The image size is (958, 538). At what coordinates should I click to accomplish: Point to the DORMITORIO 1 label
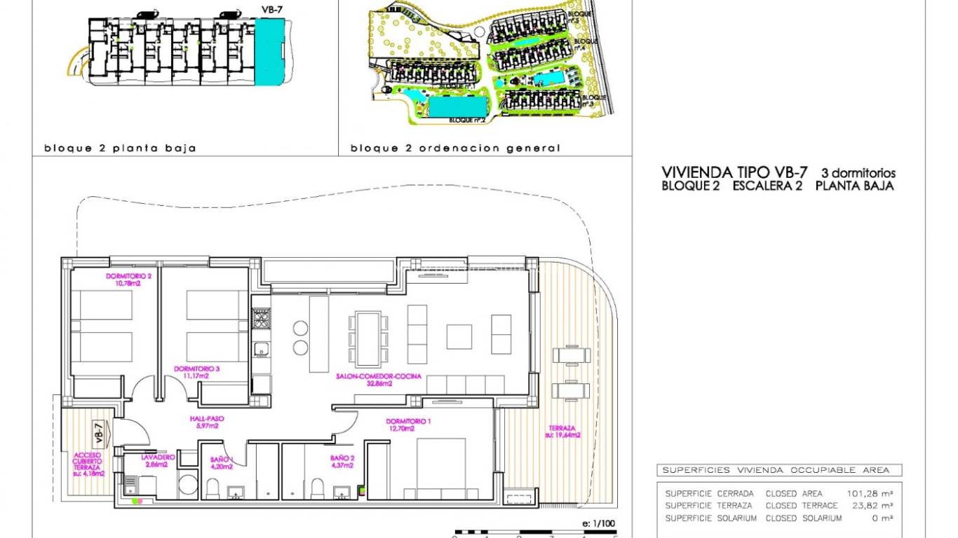pos(409,425)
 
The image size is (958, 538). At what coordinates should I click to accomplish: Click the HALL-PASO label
pos(205,422)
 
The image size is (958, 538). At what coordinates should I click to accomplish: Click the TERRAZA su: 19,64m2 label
pos(562,432)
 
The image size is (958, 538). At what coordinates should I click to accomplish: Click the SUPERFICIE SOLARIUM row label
pos(710,518)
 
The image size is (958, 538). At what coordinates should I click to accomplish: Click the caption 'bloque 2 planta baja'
pos(120,149)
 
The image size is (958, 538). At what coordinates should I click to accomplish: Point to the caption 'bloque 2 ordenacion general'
pos(455,149)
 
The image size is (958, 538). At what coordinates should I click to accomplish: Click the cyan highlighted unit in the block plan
pos(269,52)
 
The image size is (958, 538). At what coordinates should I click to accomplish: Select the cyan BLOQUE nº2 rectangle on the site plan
pos(458,106)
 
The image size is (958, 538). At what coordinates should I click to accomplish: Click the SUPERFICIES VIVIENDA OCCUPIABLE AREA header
pos(776,470)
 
